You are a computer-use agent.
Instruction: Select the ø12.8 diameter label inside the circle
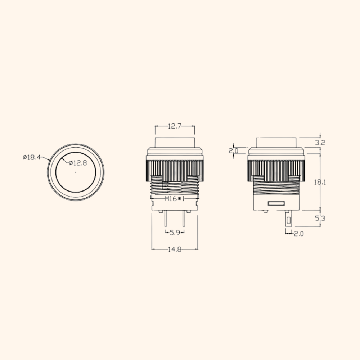coord(77,162)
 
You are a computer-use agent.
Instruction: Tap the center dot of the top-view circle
coord(76,173)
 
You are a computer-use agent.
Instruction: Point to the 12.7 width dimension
coord(175,126)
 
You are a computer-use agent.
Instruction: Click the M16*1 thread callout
coord(174,199)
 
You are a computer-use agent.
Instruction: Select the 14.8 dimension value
coord(174,249)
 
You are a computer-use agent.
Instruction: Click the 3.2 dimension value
coord(320,143)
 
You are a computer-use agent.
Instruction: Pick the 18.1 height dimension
coord(320,182)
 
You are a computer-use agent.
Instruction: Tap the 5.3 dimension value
coord(320,218)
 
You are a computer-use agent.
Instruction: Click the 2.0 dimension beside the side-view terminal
coord(299,234)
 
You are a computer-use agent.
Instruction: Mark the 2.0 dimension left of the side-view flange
coord(234,151)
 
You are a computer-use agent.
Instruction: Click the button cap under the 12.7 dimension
coord(175,142)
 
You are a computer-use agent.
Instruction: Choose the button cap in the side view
coord(276,142)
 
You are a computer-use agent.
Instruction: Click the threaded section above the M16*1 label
coord(175,188)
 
